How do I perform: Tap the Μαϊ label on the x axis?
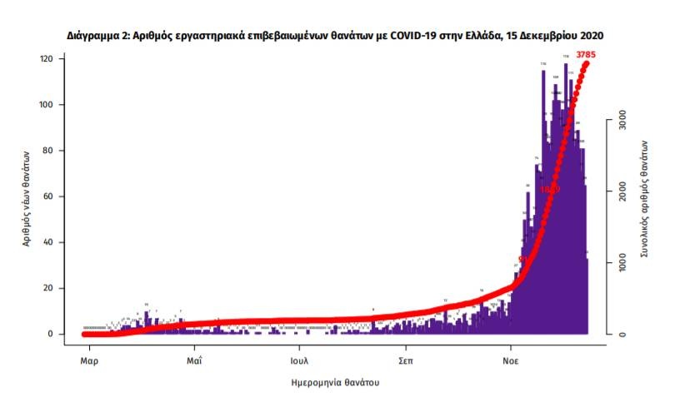(194, 361)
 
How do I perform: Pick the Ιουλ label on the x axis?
(300, 361)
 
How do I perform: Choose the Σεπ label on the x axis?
(406, 361)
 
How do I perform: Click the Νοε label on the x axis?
(512, 361)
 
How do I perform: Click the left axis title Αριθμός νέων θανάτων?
(27, 196)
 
